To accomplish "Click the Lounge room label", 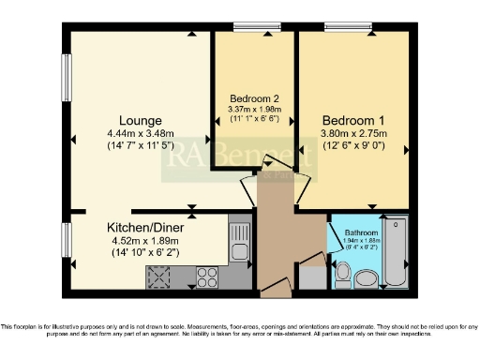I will (x=140, y=120).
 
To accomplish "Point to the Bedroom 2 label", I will (x=254, y=98).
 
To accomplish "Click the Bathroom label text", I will (x=361, y=232).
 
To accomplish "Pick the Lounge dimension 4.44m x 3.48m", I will (x=141, y=133).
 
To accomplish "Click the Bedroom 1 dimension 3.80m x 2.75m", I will (x=353, y=133).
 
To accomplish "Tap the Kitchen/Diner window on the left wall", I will (x=67, y=246).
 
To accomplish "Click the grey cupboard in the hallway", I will (x=309, y=278).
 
